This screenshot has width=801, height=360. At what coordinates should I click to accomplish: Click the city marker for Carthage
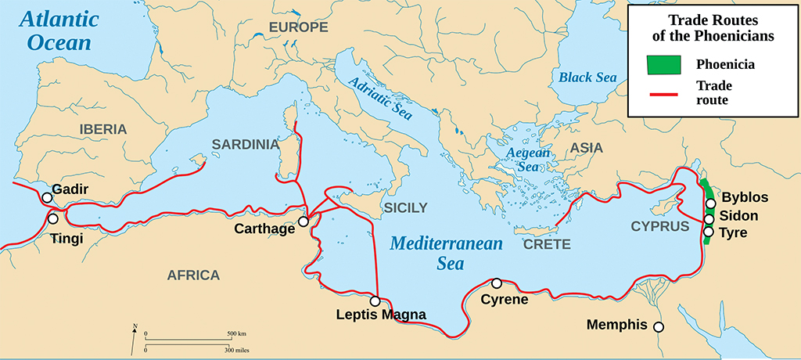(x=304, y=221)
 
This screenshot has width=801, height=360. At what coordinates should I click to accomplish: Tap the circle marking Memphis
(x=659, y=327)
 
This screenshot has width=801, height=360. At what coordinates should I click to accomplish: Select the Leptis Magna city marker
(x=375, y=301)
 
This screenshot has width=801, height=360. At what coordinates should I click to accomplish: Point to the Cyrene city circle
(x=496, y=283)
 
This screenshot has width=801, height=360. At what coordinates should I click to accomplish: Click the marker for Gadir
(x=47, y=198)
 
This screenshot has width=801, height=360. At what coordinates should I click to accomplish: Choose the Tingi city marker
(x=53, y=218)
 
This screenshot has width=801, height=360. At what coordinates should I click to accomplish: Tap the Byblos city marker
(x=710, y=204)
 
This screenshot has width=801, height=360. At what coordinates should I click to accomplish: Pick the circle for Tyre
(x=709, y=232)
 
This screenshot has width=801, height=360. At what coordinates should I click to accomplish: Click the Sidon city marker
(x=709, y=218)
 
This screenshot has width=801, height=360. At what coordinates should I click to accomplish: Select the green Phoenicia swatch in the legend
(x=664, y=65)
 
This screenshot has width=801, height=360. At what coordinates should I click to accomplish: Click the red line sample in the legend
(x=664, y=95)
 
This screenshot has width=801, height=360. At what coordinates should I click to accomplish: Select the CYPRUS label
(x=659, y=226)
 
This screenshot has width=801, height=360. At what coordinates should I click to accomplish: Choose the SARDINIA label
(x=245, y=144)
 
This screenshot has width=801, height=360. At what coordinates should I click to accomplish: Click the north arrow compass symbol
(x=135, y=337)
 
